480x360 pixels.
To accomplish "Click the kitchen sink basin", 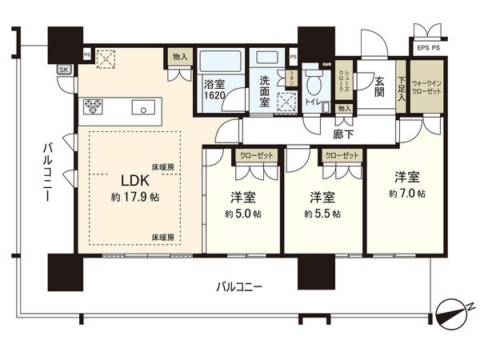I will click(146, 106).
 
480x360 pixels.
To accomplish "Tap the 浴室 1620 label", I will click(214, 88).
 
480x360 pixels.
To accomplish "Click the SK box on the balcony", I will click(63, 70).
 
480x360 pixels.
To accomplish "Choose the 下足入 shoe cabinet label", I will click(400, 83).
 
